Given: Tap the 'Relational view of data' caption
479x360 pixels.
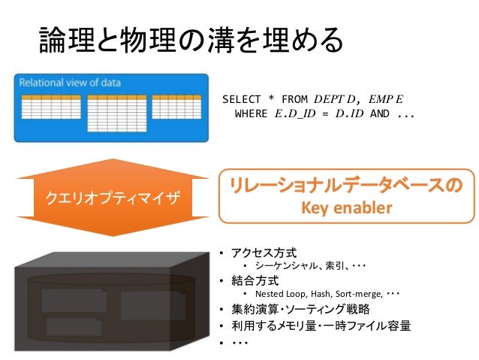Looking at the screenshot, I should tap(70, 81).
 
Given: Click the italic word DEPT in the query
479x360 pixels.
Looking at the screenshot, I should tap(330, 99).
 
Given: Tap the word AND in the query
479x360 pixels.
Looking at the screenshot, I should tap(380, 114).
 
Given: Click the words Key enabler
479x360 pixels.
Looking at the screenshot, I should tap(347, 207).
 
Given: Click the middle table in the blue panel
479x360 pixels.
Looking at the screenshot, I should tap(116, 113).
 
